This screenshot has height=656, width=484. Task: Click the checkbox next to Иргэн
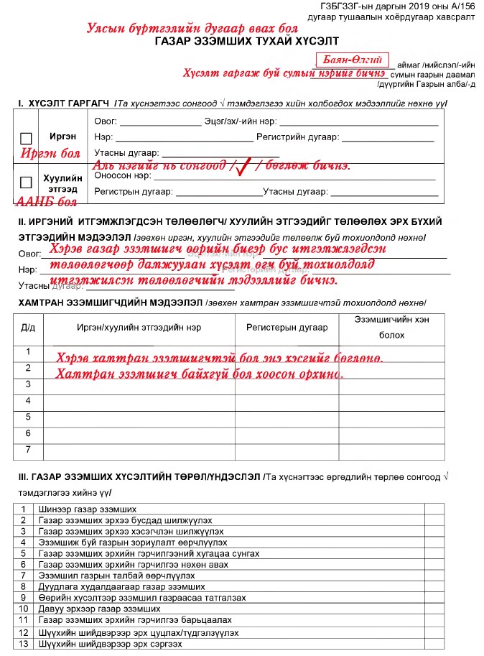pos(27,138)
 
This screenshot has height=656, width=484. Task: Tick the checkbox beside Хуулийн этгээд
pos(27,182)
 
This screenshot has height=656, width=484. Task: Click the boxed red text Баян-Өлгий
pos(352,60)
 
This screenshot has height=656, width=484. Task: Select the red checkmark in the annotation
pos(243,166)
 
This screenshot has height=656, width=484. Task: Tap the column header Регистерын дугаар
pos(287,327)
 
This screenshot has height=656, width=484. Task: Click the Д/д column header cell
pos(29,327)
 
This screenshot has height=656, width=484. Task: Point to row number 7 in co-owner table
pos(29,449)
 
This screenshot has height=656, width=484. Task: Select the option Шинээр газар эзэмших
pos(78,509)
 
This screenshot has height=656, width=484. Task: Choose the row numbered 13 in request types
pos(24,644)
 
